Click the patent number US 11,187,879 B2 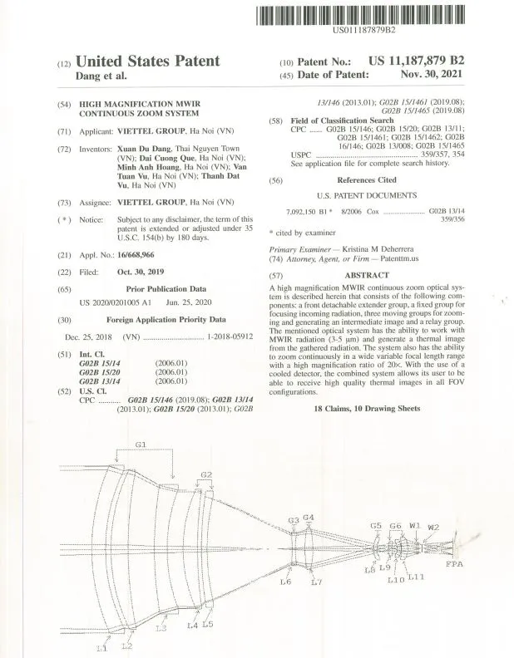click(415, 61)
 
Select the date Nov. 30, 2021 click(431, 75)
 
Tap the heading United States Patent click(147, 61)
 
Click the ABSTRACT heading click(366, 275)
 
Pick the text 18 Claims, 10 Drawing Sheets click(366, 409)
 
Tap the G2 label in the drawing click(206, 474)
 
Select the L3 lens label click(161, 629)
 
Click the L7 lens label click(315, 582)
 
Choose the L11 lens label click(416, 577)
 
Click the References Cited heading click(366, 179)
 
